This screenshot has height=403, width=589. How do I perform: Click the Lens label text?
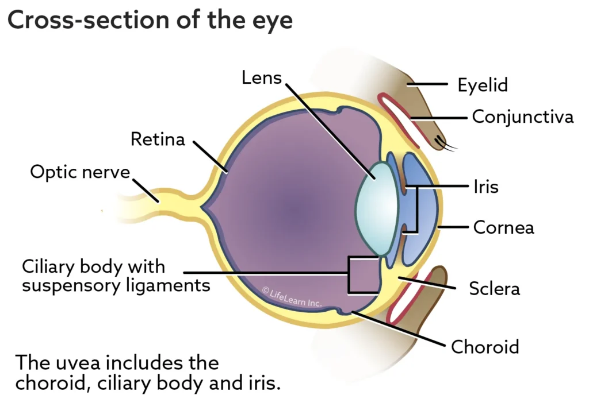pyautogui.click(x=262, y=77)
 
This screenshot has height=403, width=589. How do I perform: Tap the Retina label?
pyautogui.click(x=158, y=139)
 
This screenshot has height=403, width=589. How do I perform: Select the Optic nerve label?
pyautogui.click(x=80, y=172)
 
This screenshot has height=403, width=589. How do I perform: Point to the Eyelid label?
pyautogui.click(x=483, y=86)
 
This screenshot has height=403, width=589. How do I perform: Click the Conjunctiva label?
pyautogui.click(x=522, y=117)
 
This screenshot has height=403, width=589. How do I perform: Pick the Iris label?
pyautogui.click(x=485, y=187)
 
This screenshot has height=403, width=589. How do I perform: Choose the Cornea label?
pyautogui.click(x=503, y=227)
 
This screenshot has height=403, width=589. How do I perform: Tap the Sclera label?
pyautogui.click(x=494, y=288)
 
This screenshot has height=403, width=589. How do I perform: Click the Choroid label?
pyautogui.click(x=485, y=347)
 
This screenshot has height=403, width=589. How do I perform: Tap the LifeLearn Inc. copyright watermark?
pyautogui.click(x=292, y=297)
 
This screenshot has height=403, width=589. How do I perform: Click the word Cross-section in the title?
pyautogui.click(x=84, y=21)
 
